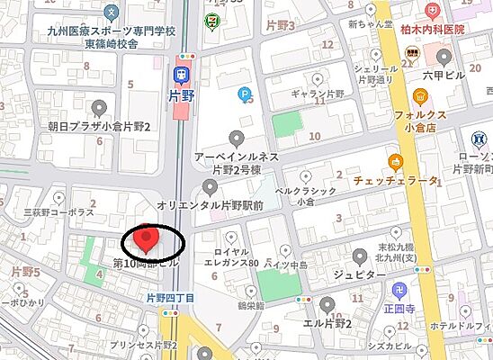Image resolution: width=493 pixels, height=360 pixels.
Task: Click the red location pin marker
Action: (x=145, y=239)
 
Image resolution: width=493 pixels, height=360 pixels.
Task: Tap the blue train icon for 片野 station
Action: (x=183, y=73)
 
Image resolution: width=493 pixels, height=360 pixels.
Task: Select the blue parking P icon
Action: (x=245, y=93)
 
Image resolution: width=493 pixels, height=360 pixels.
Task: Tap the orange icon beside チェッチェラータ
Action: (x=395, y=162)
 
